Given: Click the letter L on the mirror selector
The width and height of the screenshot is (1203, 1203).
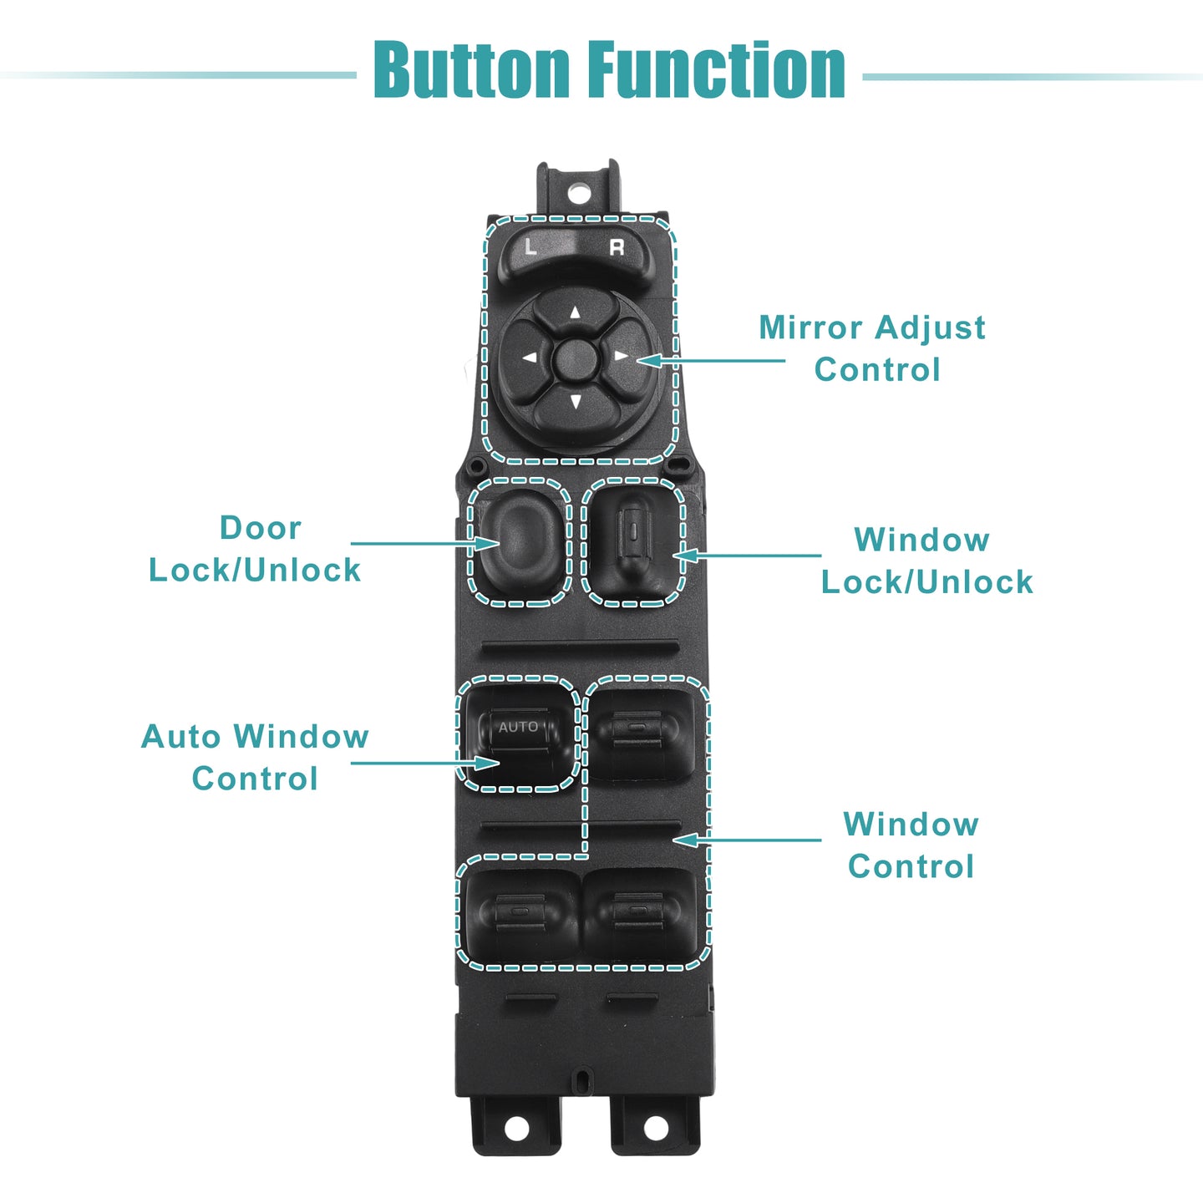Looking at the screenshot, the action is click(530, 246).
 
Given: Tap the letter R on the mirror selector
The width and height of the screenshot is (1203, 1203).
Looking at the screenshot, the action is click(617, 248).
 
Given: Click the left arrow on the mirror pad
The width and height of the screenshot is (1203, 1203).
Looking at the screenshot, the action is click(530, 358).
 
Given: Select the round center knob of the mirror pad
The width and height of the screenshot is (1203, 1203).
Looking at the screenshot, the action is click(576, 359).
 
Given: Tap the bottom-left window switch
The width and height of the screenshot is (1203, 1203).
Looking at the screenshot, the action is click(521, 916).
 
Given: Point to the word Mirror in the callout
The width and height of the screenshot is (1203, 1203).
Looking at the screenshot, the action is click(810, 327).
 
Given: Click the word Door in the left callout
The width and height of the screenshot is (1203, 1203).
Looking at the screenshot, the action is click(261, 528).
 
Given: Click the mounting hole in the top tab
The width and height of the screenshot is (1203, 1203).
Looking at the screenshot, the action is click(578, 193).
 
